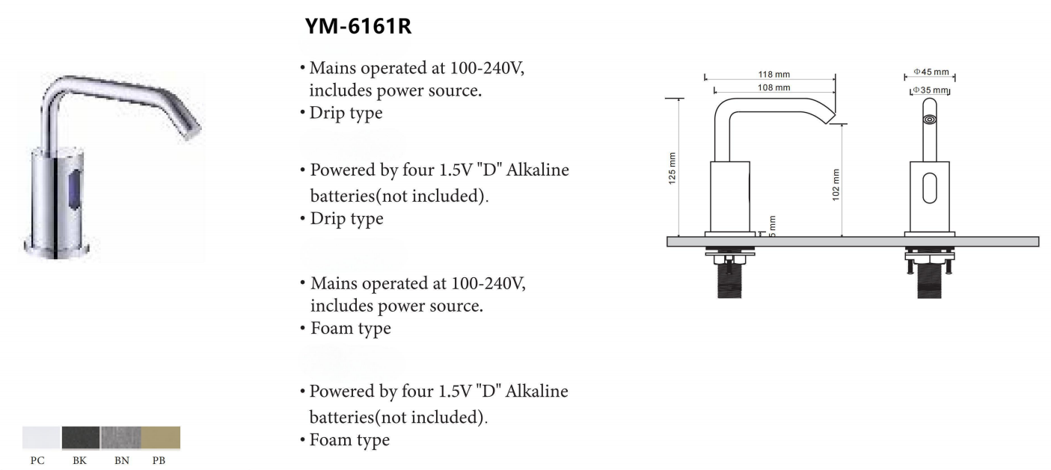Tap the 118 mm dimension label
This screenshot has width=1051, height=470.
click(x=774, y=75)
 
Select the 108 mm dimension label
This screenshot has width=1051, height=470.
click(x=774, y=88)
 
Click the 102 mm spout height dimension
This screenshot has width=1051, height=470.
click(x=836, y=182)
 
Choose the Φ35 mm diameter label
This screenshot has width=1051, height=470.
click(x=931, y=90)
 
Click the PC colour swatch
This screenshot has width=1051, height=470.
click(x=41, y=438)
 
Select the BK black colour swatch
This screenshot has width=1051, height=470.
click(x=80, y=438)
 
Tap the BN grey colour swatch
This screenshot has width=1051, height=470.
click(x=120, y=438)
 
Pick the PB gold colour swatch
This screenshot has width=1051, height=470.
click(x=160, y=438)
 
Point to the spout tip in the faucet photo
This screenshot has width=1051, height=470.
click(x=191, y=132)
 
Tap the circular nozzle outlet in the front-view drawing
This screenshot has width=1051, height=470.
click(x=930, y=119)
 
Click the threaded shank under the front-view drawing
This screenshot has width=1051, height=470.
click(x=930, y=282)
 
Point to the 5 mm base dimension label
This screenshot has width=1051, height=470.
click(x=771, y=226)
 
